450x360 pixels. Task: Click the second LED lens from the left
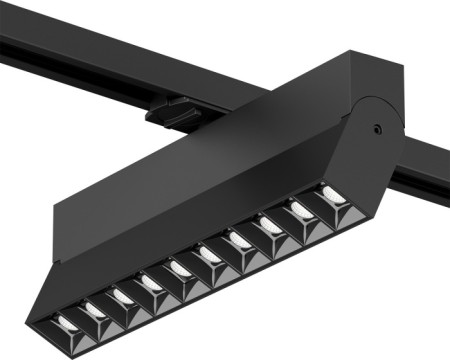[96, 310]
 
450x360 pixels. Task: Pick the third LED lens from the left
[124, 296]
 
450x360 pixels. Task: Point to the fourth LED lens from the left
[153, 283]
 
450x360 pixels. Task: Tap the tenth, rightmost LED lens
[329, 195]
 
